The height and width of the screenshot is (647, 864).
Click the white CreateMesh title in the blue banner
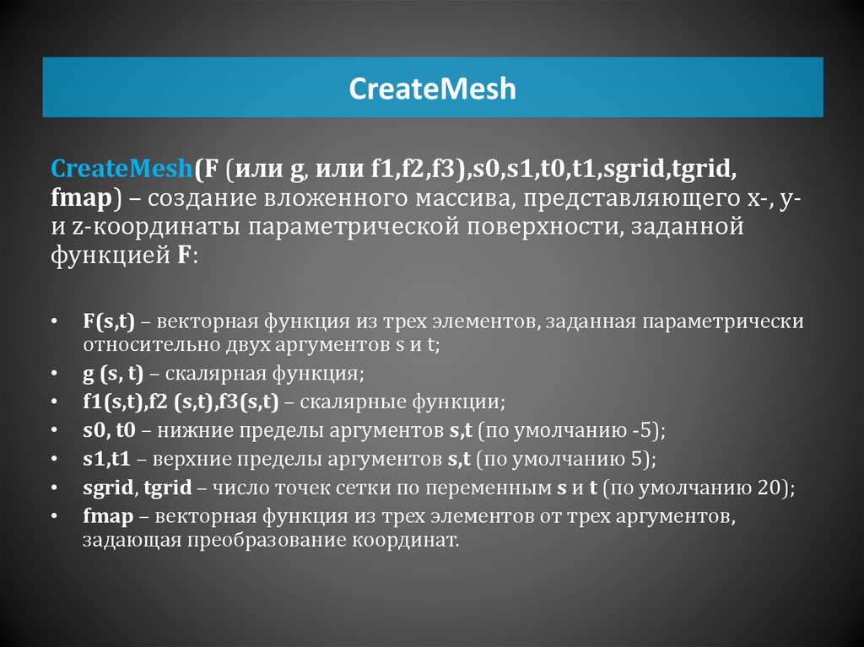(x=432, y=89)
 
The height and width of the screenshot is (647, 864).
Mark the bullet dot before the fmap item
(x=55, y=515)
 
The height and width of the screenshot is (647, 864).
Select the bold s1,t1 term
(x=107, y=460)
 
